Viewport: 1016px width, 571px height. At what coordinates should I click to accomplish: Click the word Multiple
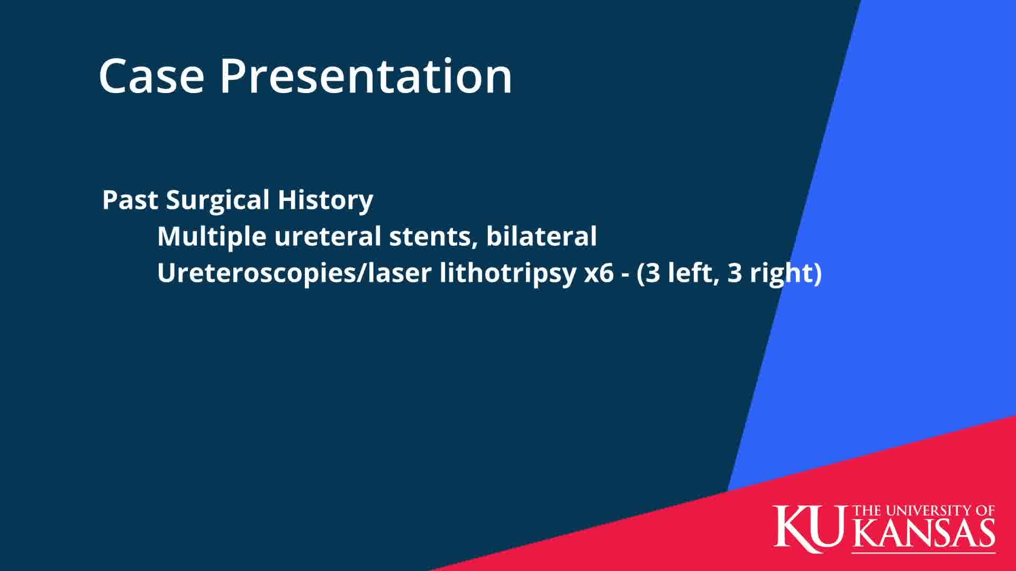pos(212,237)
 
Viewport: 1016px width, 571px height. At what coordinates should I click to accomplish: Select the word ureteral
pos(328,236)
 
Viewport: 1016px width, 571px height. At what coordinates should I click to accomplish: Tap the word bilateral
pos(541,236)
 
